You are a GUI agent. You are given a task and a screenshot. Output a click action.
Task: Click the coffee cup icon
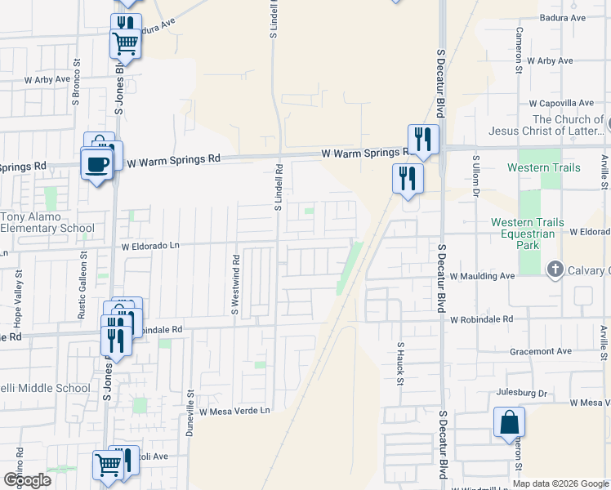(96, 165)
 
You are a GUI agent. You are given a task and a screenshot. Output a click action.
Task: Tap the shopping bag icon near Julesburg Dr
(509, 423)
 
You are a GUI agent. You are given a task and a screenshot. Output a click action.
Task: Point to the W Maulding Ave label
(482, 276)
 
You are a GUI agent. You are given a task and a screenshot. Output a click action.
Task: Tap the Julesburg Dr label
(521, 393)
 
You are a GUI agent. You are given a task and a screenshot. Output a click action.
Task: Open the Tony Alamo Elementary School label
(47, 222)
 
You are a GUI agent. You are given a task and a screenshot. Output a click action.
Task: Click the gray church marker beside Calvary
(555, 269)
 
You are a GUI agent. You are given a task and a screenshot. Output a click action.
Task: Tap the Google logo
(27, 480)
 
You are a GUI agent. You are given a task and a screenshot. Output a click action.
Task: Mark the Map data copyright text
(560, 483)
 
